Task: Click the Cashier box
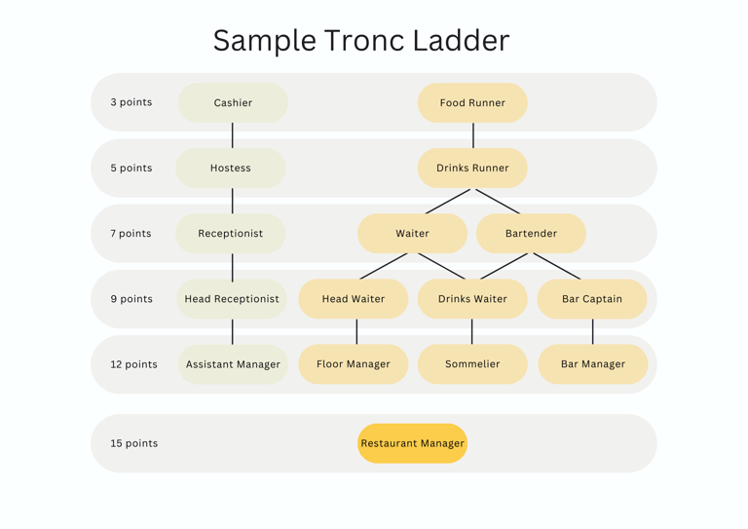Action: coord(233,102)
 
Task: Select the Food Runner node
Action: coord(472,102)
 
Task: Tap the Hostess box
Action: coord(231,168)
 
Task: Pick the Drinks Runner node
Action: coord(472,168)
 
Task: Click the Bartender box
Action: coord(531,233)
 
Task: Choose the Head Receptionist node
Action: coord(232,299)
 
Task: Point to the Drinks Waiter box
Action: coord(472,299)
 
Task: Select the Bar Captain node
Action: coord(592,299)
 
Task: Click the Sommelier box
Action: coord(472,364)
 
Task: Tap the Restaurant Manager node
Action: coord(412,443)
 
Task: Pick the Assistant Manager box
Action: coord(233,364)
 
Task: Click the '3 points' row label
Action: coord(131,102)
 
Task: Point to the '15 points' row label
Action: coord(134,443)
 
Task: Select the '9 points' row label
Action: coord(131,299)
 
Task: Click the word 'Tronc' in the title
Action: coord(364,41)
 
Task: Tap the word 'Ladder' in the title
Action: coord(462,41)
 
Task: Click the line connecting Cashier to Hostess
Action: coord(233,135)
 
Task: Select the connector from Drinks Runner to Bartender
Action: coord(498,201)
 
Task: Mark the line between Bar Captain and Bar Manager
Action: coord(593,331)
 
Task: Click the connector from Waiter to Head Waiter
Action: coord(384,266)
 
